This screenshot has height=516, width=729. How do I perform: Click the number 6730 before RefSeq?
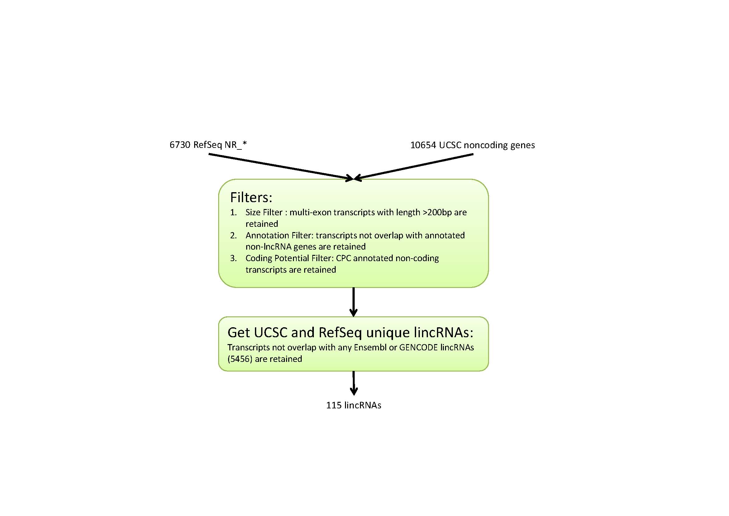(180, 145)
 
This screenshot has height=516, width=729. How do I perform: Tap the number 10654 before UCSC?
(423, 145)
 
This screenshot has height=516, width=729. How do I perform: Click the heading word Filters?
(251, 197)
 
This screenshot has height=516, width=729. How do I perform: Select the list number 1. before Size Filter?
(233, 212)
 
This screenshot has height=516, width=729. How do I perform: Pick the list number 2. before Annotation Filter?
(233, 236)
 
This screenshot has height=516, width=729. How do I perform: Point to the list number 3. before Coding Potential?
(233, 258)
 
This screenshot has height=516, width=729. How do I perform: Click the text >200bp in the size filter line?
(437, 212)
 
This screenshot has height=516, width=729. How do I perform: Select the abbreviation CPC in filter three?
(343, 258)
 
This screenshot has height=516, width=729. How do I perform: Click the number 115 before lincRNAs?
(334, 405)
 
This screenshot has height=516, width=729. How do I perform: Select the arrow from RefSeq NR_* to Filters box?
(281, 167)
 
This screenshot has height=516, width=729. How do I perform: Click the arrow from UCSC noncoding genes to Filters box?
(413, 167)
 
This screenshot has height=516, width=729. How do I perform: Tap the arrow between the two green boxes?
(353, 302)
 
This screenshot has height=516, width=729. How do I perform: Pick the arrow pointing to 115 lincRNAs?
(354, 383)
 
